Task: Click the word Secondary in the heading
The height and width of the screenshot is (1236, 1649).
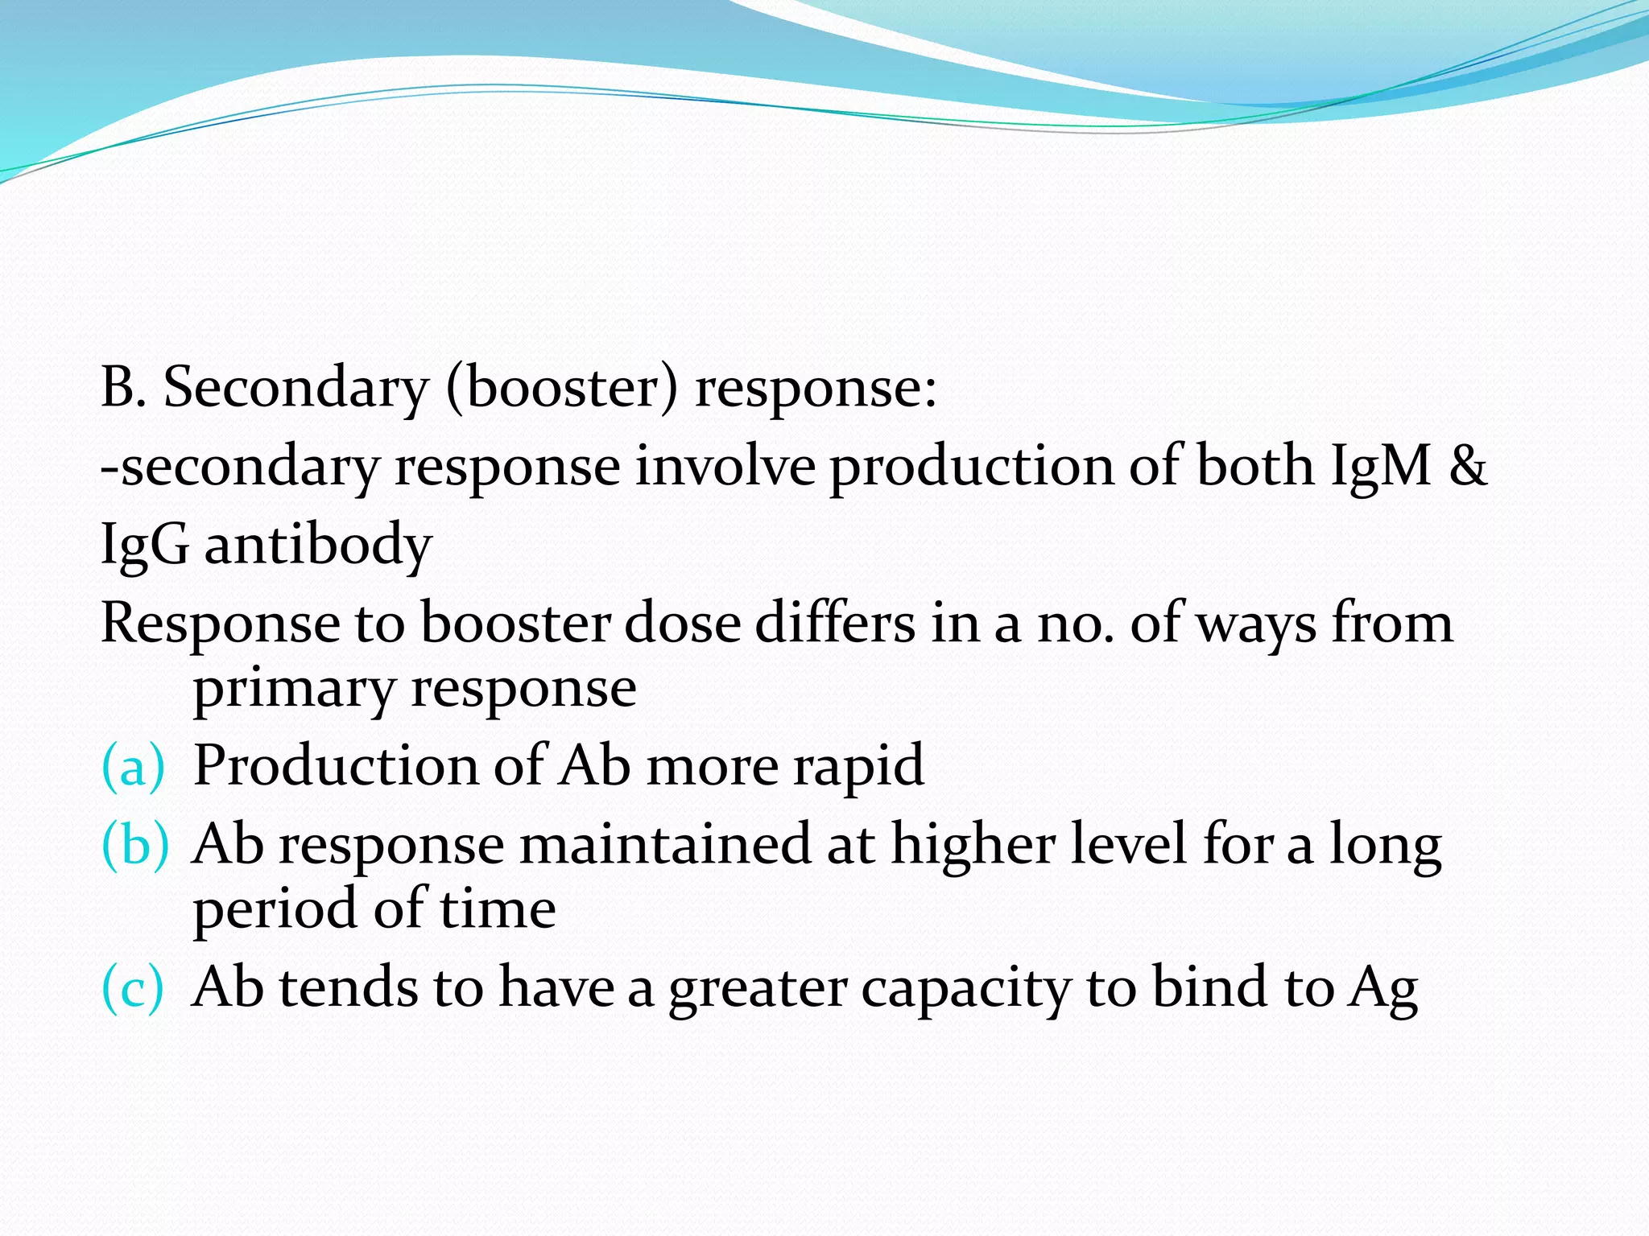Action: [x=295, y=388]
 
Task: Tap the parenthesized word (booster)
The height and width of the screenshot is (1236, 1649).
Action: [x=562, y=388]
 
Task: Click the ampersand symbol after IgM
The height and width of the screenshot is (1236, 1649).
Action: [x=1467, y=467]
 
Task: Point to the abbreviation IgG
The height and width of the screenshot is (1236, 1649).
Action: [x=145, y=546]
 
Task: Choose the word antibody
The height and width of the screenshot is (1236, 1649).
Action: [x=318, y=546]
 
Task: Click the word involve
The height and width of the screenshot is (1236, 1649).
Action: [x=725, y=467]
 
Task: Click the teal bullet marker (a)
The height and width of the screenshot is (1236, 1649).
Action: [x=133, y=765]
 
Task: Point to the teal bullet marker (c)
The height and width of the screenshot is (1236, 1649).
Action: [x=133, y=988]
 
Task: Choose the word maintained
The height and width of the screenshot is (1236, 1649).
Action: [x=664, y=845]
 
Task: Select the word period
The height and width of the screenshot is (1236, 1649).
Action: [x=275, y=910]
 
